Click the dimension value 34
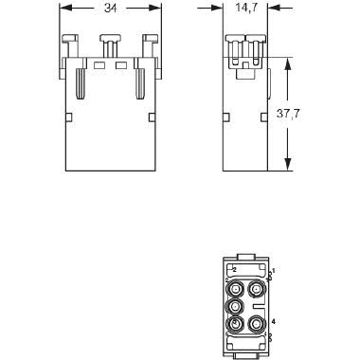click(109, 9)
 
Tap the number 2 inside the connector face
click(234, 269)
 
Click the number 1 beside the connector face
click(274, 271)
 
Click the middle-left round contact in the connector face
click(235, 307)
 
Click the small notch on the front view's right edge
click(153, 117)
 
